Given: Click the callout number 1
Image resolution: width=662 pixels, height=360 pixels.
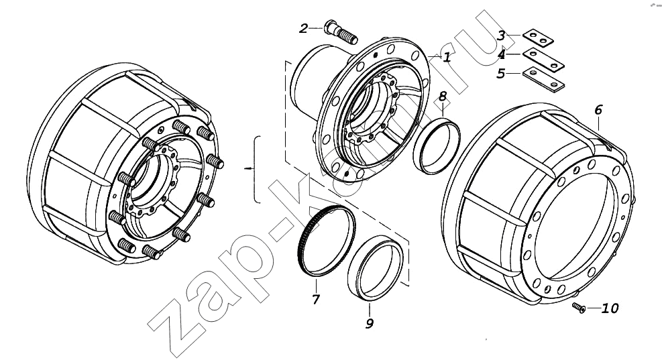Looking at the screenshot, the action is [x=447, y=57].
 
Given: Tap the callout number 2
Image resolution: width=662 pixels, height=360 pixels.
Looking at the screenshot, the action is [x=304, y=28].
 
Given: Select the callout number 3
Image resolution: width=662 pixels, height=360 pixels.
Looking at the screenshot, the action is [x=501, y=36].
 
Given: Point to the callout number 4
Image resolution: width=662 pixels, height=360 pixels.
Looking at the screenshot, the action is [x=501, y=55].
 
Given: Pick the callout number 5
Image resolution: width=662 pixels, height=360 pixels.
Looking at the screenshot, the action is [x=501, y=74].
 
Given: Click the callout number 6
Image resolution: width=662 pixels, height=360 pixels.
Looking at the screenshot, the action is [x=598, y=110].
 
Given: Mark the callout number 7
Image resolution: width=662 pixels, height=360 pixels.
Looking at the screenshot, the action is [x=316, y=299].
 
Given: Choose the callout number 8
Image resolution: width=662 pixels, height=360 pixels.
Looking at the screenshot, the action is [x=443, y=97].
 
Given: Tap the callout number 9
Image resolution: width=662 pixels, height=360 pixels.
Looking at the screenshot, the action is [x=370, y=323].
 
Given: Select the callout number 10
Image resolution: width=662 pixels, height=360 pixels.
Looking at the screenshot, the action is [x=609, y=308].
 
